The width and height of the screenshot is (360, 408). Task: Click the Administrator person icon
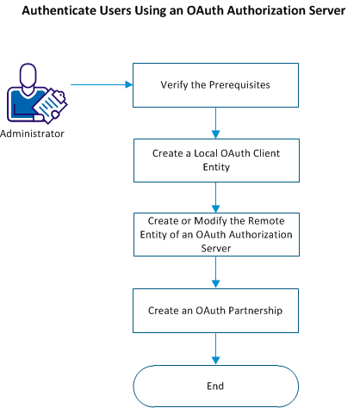click(x=34, y=96)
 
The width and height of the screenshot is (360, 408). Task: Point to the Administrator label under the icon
click(x=33, y=135)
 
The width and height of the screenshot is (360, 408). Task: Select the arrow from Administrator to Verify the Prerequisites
click(x=98, y=85)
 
